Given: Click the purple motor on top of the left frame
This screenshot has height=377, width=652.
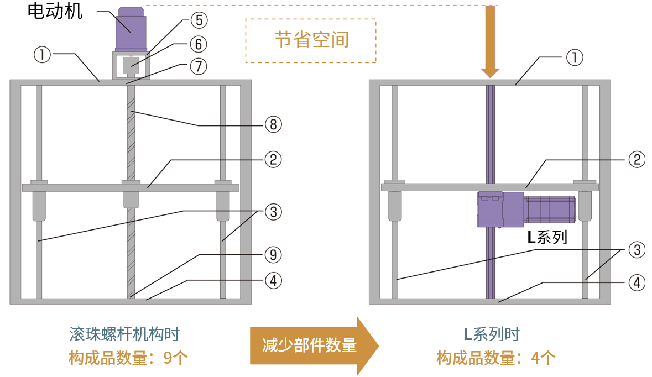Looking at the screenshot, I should (131, 29).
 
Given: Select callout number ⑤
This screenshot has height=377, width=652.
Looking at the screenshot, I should (199, 20).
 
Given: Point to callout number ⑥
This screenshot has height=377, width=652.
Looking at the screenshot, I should (199, 44).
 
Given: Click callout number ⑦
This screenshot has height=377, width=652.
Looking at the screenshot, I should (199, 66).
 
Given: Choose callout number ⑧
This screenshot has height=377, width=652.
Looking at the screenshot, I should (273, 124).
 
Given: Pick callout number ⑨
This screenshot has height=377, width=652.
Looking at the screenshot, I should (273, 255).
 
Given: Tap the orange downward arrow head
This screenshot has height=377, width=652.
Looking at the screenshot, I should (490, 72).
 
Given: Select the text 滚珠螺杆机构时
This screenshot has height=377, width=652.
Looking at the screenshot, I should (124, 334).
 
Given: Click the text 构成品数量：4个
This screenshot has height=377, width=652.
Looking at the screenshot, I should (495, 358).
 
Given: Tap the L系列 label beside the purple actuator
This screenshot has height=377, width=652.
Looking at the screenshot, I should (547, 238).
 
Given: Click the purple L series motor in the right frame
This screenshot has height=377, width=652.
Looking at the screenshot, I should (525, 210).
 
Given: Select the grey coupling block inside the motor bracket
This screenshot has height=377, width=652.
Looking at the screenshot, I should (131, 65).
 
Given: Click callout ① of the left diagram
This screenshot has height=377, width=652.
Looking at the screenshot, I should (43, 55).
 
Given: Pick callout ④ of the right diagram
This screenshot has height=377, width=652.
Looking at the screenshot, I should (637, 283).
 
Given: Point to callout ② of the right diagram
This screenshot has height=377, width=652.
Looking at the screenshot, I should (637, 160).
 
